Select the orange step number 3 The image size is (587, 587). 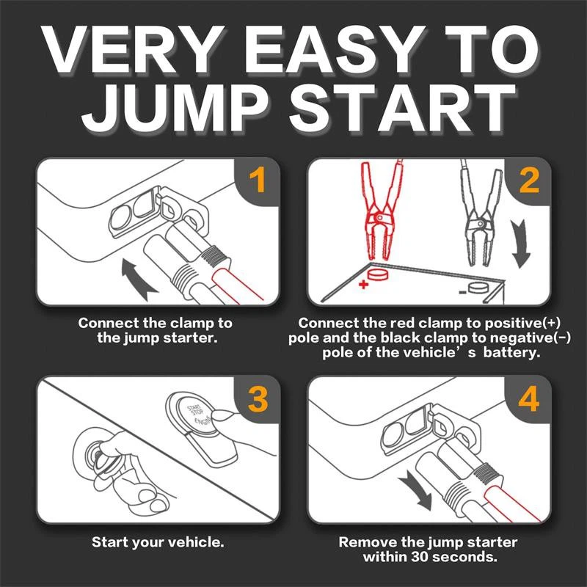(x=257, y=400)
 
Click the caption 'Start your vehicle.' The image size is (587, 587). (x=158, y=543)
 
